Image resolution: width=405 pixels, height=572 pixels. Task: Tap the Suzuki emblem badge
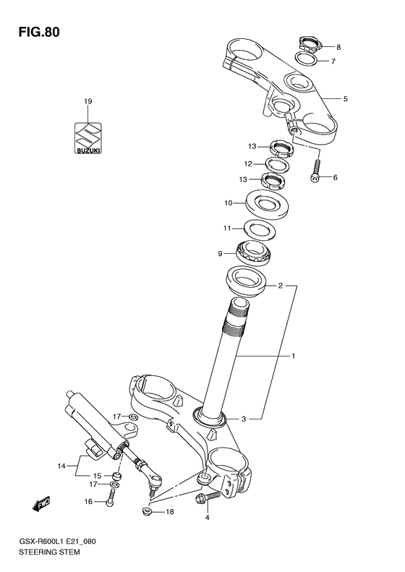pyautogui.click(x=88, y=137)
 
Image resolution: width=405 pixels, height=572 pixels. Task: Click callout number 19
pyautogui.click(x=88, y=102)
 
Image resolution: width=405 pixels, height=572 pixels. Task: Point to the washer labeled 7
pyautogui.click(x=307, y=60)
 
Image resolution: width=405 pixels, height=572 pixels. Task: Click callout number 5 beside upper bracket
pyautogui.click(x=345, y=99)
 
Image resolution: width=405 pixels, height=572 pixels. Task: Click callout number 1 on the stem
pyautogui.click(x=293, y=356)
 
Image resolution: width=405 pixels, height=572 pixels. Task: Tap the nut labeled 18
pyautogui.click(x=148, y=512)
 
